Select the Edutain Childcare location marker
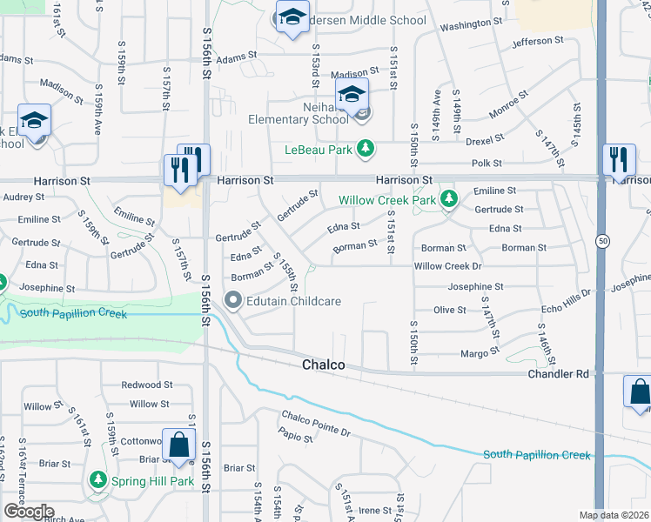(x=233, y=301)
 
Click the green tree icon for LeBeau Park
(x=366, y=149)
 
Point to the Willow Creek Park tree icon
(x=448, y=200)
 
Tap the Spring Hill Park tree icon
(x=97, y=480)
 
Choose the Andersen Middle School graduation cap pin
(x=293, y=17)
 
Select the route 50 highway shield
(x=601, y=240)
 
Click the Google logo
(x=28, y=512)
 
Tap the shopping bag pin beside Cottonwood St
(x=178, y=445)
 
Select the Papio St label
(x=296, y=437)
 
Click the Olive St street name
(x=450, y=310)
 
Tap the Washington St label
(x=471, y=24)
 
